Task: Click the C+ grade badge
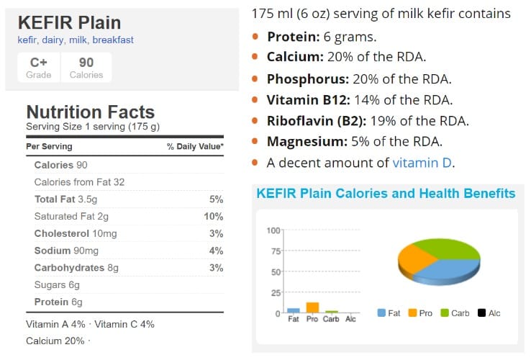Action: [x=38, y=67]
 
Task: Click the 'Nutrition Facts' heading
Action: [x=90, y=112]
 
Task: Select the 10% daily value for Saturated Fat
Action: [x=214, y=216]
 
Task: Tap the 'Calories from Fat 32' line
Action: [x=79, y=182]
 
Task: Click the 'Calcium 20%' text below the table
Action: [x=55, y=341]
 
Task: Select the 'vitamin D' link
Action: [x=422, y=163]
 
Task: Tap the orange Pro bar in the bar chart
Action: [x=312, y=307]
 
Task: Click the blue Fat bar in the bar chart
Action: [x=293, y=310]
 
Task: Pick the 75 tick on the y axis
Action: [x=273, y=251]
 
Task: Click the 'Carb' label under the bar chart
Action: [x=331, y=318]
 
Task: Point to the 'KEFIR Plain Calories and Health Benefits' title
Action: [x=386, y=194]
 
